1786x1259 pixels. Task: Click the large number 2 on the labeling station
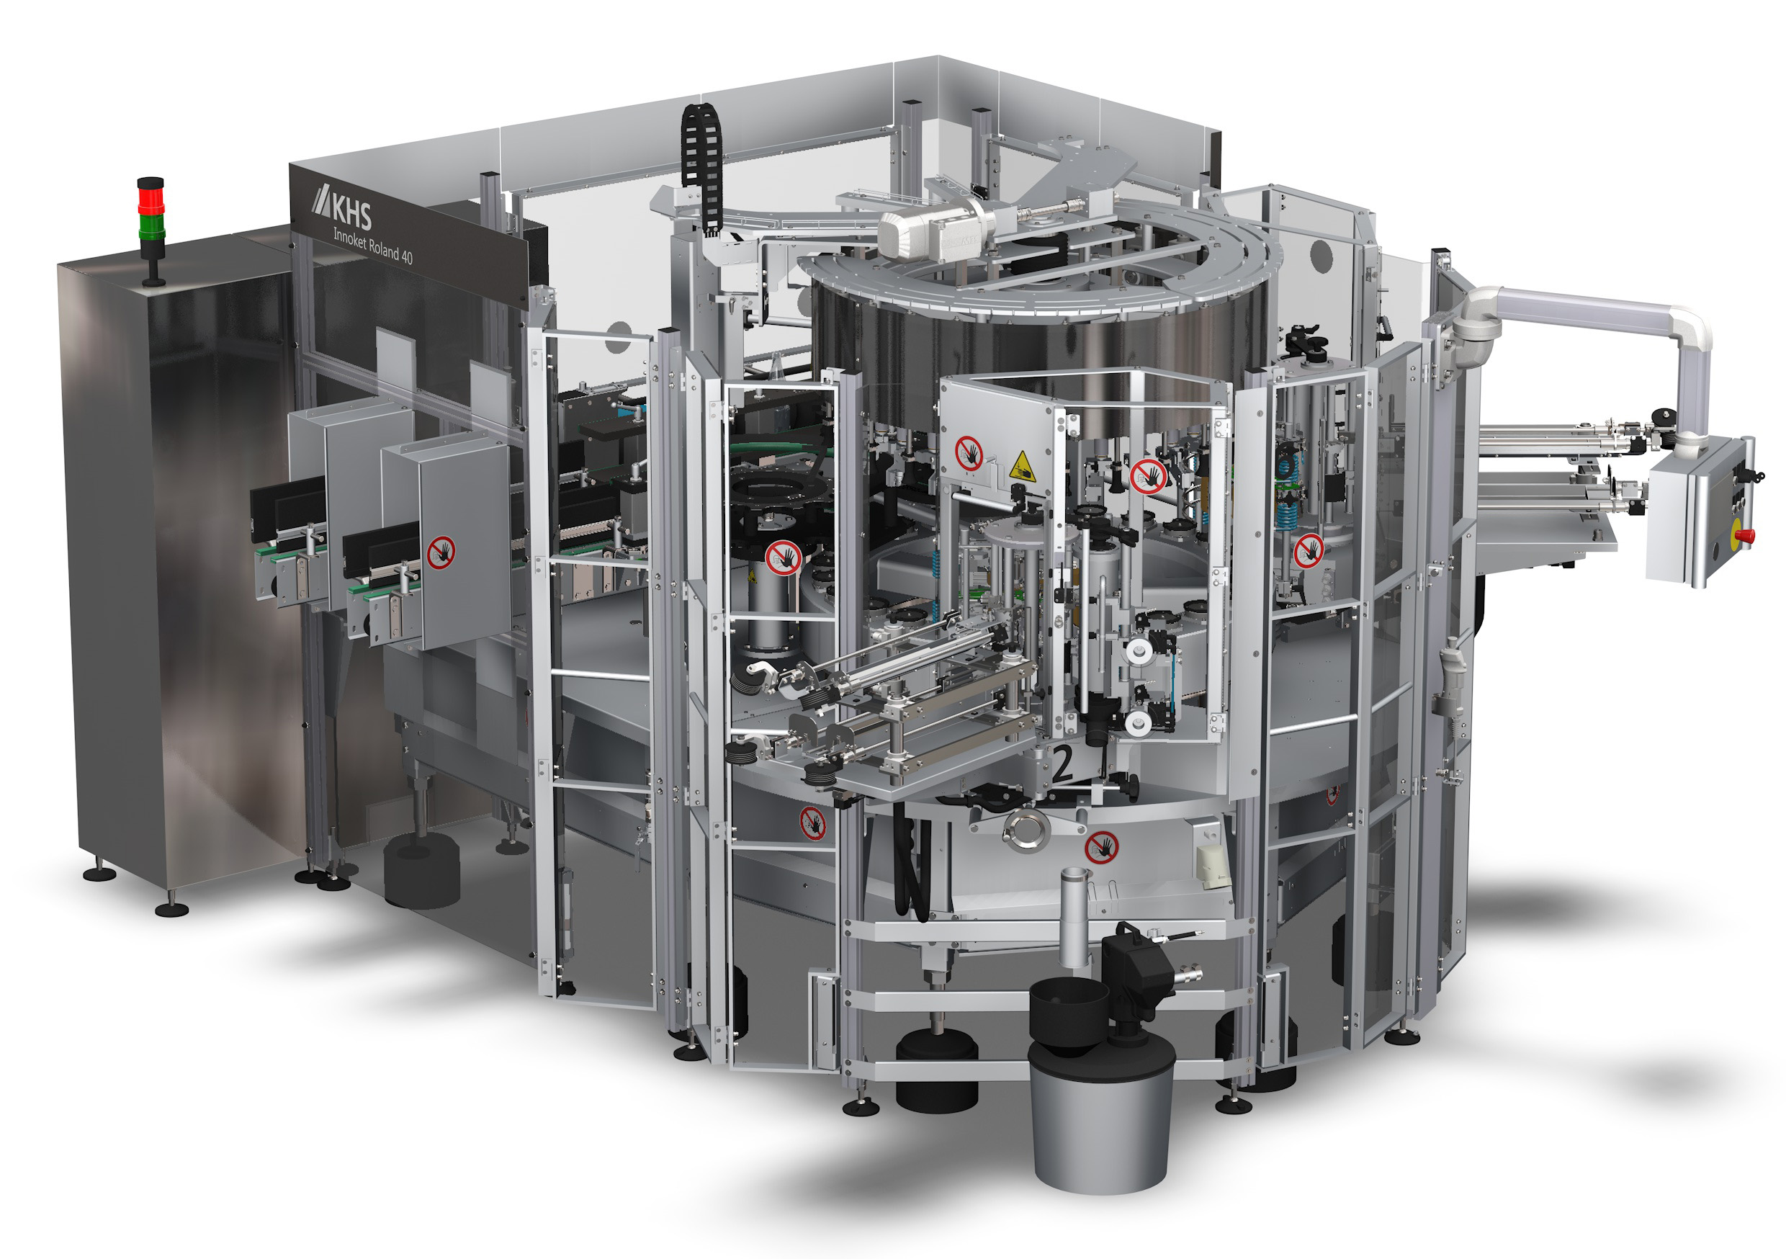click(1062, 763)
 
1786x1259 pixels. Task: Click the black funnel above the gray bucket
click(1069, 1009)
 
